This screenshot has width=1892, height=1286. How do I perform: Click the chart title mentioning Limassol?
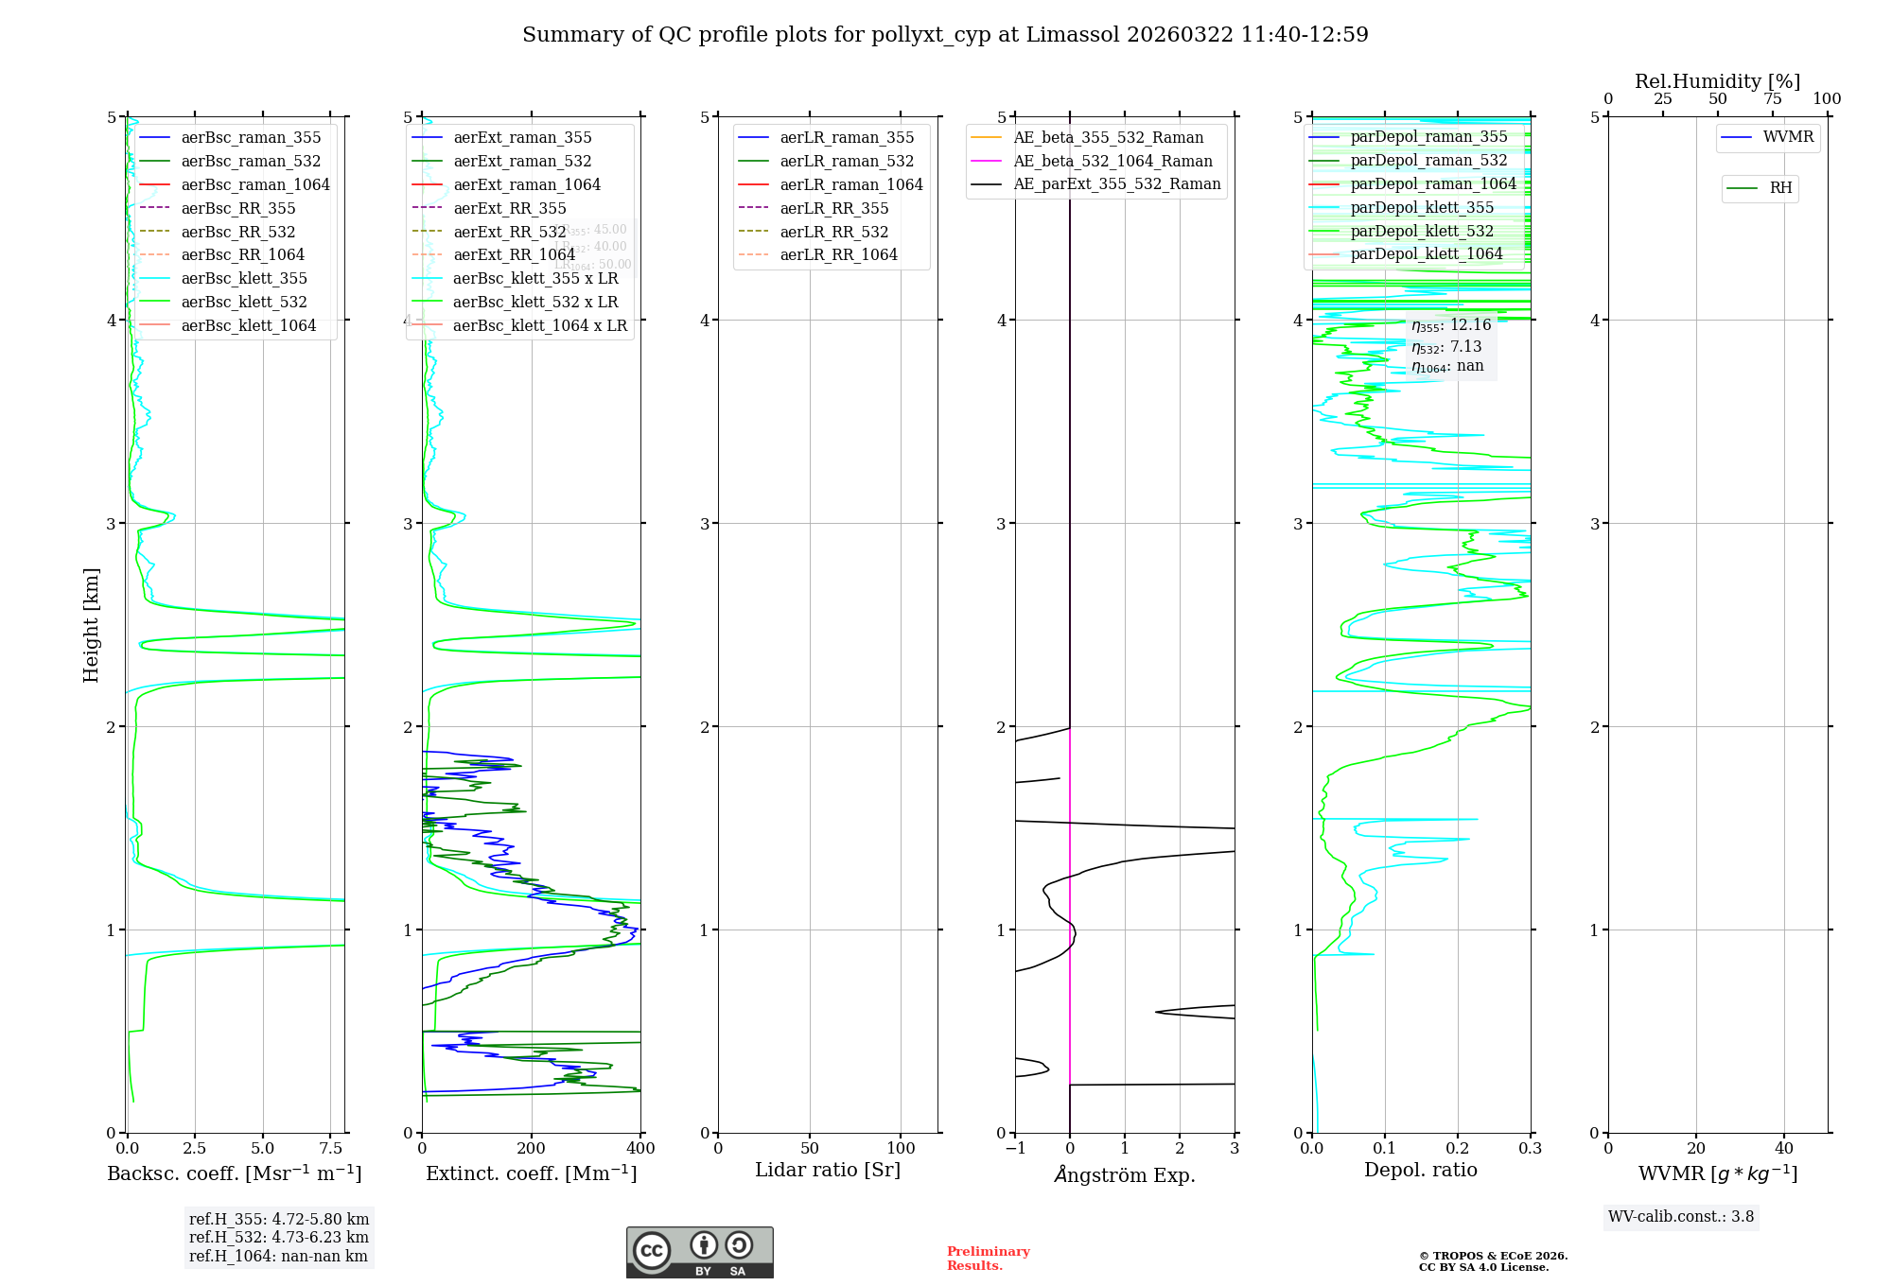coord(945,35)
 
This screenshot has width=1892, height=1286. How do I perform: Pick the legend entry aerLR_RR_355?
coord(834,208)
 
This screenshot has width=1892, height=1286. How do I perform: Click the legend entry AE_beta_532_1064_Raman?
coord(1112,161)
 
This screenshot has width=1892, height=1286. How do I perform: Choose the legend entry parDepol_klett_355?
coord(1422,207)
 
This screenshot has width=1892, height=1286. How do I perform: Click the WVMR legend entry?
coord(1788,137)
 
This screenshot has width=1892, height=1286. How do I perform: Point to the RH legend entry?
coord(1780,188)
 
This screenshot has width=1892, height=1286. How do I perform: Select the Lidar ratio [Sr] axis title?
coord(828,1170)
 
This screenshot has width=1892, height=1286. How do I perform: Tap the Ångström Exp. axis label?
coord(1125,1174)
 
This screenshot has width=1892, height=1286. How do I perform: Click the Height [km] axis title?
coord(91,625)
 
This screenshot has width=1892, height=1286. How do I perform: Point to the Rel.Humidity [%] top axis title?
coord(1717,81)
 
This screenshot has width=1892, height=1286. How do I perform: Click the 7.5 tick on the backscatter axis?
coord(331,1149)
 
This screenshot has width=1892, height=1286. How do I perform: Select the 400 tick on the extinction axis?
coord(640,1149)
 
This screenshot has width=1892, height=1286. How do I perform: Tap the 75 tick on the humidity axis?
coord(1772,99)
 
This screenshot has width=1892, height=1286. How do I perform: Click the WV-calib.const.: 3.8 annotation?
coord(1681,1217)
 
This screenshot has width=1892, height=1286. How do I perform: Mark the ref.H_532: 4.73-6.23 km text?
coord(279,1237)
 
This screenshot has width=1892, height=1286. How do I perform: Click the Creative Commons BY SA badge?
coord(699,1252)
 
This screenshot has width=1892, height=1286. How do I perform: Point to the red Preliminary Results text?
coord(988,1259)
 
